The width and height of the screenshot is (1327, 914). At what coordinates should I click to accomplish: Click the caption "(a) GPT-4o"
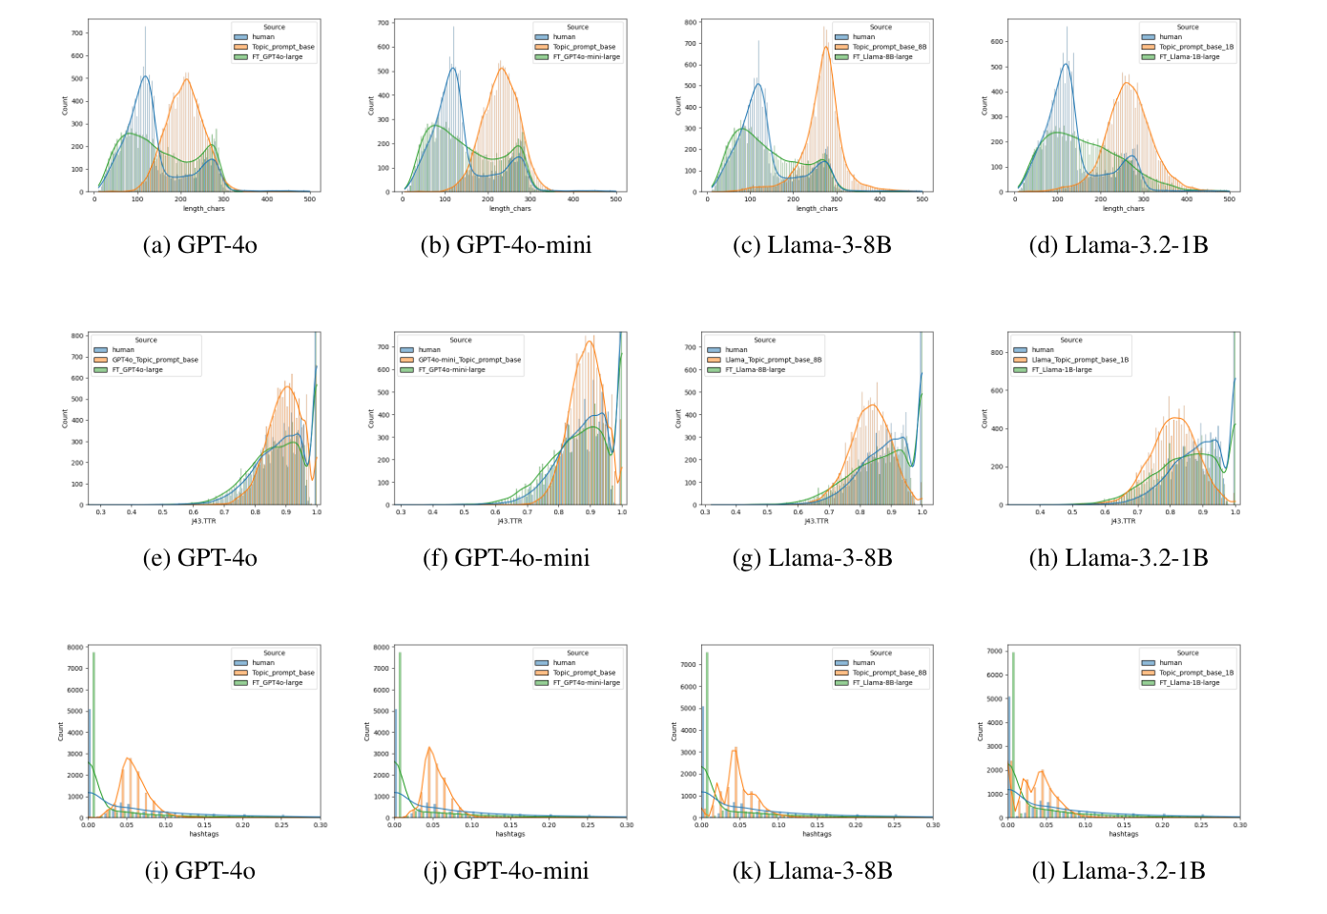[x=199, y=245]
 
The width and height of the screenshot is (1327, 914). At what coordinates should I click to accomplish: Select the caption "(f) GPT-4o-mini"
[x=506, y=558]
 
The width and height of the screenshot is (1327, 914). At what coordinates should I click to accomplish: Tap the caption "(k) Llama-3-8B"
[x=812, y=871]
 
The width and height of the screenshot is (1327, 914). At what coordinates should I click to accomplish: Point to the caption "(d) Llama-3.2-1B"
[x=1118, y=245]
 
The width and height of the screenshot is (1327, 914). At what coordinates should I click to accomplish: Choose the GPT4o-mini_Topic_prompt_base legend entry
[x=468, y=360]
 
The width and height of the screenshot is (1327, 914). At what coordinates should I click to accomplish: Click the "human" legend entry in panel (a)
[x=262, y=37]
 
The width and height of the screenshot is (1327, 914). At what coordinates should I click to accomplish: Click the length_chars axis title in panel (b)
[x=510, y=209]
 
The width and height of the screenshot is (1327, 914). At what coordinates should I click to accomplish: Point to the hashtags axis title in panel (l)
[x=1123, y=834]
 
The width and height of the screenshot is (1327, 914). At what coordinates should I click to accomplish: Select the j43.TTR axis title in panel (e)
[x=203, y=521]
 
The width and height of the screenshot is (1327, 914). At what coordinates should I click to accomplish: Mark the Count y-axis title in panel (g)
[x=678, y=418]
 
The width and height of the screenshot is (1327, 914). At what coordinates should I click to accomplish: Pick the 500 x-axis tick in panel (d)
[x=1230, y=199]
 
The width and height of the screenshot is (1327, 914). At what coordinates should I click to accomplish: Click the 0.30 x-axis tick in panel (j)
[x=626, y=825]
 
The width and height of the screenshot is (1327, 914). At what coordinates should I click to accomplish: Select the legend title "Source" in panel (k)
[x=881, y=654]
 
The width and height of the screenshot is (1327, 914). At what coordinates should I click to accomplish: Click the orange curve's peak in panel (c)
[x=826, y=47]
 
